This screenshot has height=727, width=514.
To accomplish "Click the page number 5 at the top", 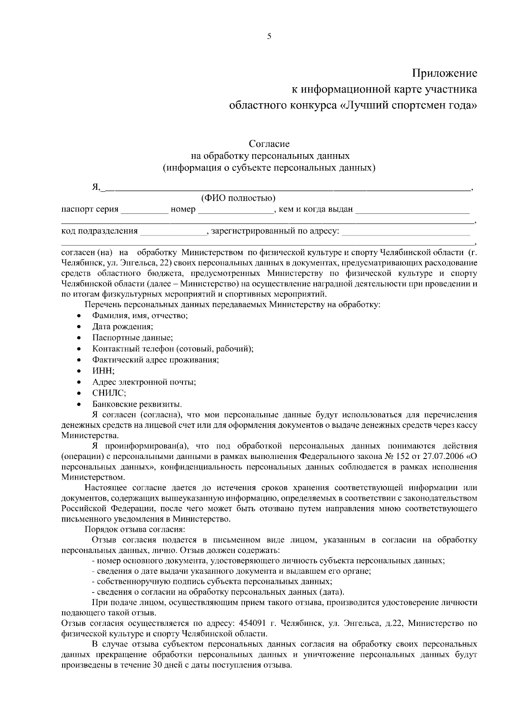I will click(x=269, y=36).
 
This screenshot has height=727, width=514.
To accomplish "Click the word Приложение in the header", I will click(x=444, y=73).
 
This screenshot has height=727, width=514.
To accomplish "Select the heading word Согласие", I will click(x=269, y=144).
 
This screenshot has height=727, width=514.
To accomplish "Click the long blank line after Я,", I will click(x=287, y=188).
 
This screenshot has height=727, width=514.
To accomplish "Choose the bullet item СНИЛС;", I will click(x=109, y=393).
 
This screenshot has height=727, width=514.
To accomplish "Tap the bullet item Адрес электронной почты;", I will click(x=144, y=382).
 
